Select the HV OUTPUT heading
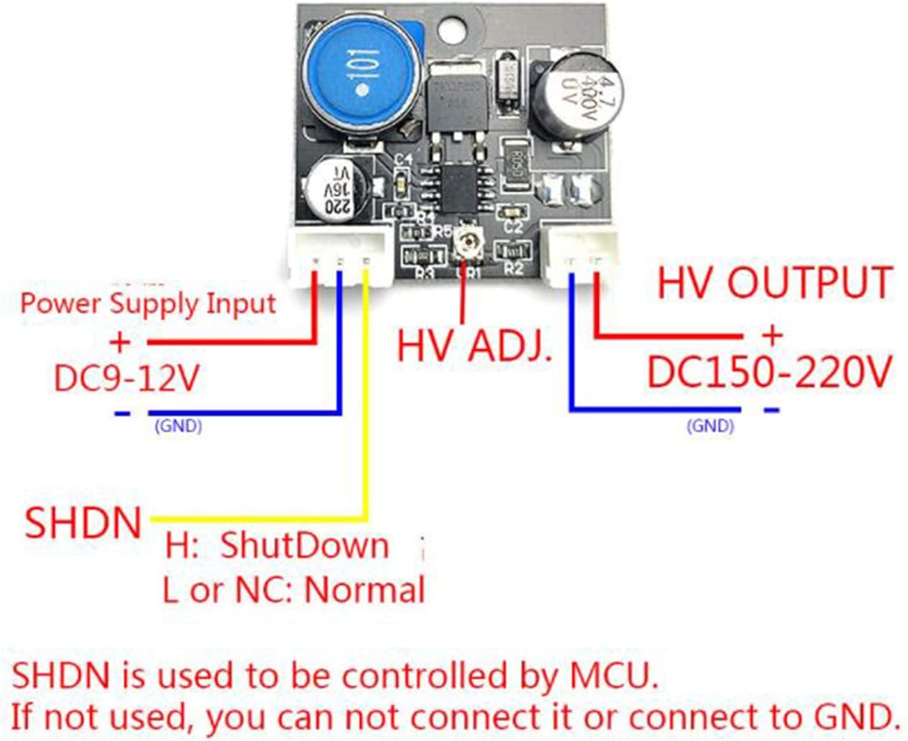pos(774,282)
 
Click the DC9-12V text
pos(126,378)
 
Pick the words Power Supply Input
pos(148,303)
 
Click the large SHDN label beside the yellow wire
pos(83,523)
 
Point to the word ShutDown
pos(304,545)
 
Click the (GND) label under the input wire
pos(178,426)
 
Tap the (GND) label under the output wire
pos(710,426)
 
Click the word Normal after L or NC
pos(364,589)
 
